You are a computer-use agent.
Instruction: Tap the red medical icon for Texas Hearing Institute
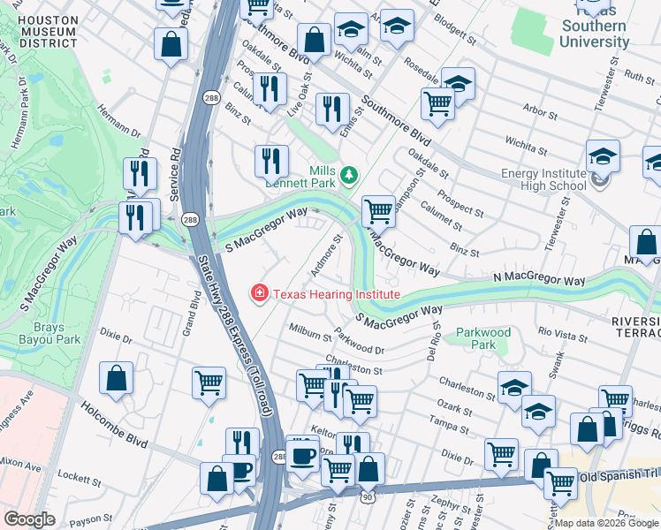260,292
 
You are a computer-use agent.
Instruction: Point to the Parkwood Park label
483,338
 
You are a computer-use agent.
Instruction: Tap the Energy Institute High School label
543,179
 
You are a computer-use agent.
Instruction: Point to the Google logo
30,519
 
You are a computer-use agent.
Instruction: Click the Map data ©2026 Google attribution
606,523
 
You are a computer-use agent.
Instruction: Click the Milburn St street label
309,332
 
